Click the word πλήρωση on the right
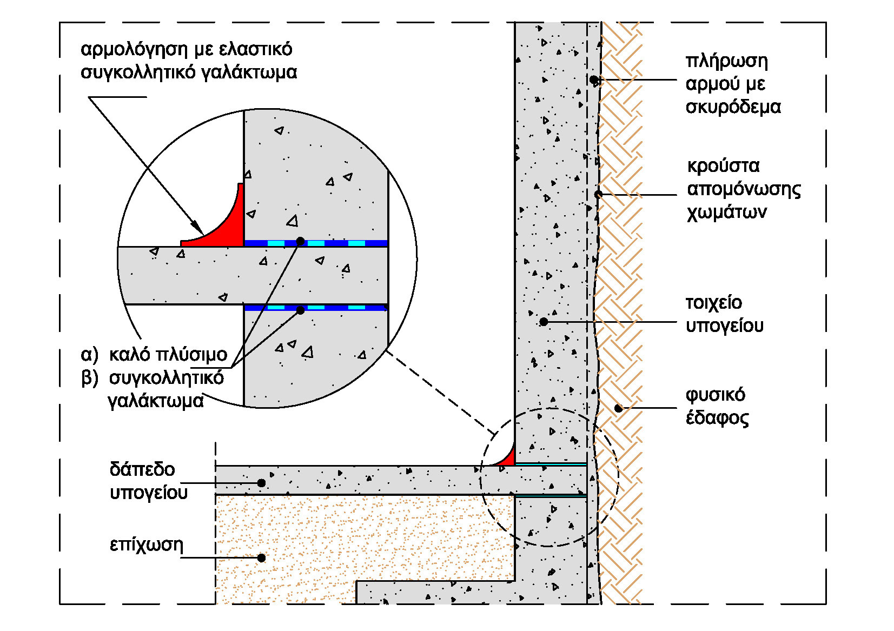(726, 61)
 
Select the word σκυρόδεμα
(733, 107)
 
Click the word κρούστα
(723, 165)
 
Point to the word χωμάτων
(726, 212)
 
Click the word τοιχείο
(713, 303)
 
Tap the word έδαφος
(717, 419)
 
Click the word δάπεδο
(142, 469)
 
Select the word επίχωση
(146, 544)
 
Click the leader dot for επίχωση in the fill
(261, 557)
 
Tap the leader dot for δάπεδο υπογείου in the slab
(261, 483)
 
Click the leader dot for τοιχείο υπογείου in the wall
(544, 322)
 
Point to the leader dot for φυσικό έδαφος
(619, 408)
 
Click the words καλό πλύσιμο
(168, 355)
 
